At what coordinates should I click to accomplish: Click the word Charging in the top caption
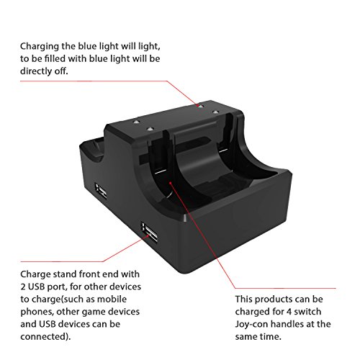click(40, 47)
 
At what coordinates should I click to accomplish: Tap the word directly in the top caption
click(36, 71)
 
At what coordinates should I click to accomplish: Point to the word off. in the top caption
click(61, 71)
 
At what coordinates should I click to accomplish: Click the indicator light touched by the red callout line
click(200, 106)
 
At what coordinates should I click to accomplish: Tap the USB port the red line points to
click(150, 233)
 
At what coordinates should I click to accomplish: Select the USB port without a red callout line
click(101, 190)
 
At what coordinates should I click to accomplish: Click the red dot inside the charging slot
click(170, 183)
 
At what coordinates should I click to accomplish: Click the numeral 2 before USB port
click(23, 287)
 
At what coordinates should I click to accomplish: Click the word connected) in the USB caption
click(45, 336)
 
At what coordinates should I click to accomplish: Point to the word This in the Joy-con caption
click(243, 299)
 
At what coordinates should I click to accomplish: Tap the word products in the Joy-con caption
click(270, 300)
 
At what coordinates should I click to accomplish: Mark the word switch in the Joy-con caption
click(307, 312)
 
